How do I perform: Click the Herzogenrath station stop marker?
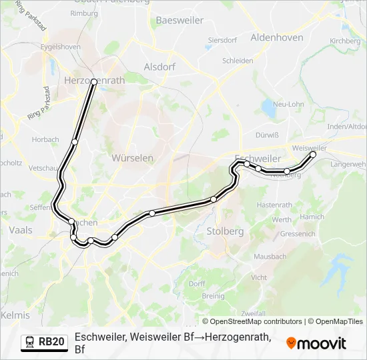(x=94, y=82)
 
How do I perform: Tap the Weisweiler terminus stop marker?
(x=313, y=154)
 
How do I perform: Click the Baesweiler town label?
(x=179, y=20)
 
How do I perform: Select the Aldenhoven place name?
(x=276, y=38)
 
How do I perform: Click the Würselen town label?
(x=133, y=159)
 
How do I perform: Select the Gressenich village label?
(x=298, y=234)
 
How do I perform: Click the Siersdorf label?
(x=222, y=40)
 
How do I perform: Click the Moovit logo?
(x=316, y=343)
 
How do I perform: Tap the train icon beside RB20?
(x=30, y=342)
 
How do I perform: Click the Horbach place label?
(x=45, y=140)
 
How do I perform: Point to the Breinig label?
(x=213, y=296)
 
